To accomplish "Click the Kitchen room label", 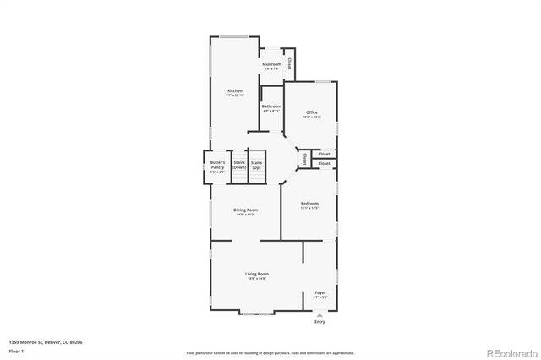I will (x=234, y=90).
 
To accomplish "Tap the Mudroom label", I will (x=270, y=64).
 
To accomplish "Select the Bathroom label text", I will (x=270, y=106).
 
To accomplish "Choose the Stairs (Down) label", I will (x=239, y=165).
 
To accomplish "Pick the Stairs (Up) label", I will (x=256, y=165).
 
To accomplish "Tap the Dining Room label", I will (x=246, y=210).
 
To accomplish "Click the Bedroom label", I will (x=310, y=204).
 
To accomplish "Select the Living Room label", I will (x=257, y=274).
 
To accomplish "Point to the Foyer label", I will (x=320, y=292).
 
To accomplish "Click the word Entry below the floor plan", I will (x=320, y=322).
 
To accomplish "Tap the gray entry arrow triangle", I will (x=320, y=314).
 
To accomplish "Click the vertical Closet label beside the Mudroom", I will (x=289, y=63).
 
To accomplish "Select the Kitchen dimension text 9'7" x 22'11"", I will (x=234, y=95).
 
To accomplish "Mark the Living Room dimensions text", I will (x=257, y=279).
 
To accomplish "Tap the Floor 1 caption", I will (x=16, y=350).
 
